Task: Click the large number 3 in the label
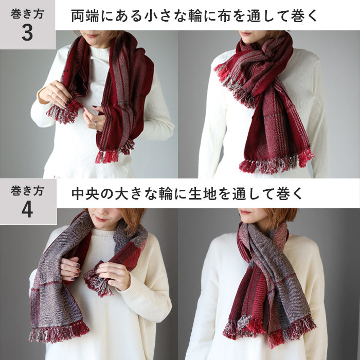coord(27,32)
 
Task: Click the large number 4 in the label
coord(27,210)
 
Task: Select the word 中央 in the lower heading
coord(85,193)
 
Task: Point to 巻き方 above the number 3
coord(27,14)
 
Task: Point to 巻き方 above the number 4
coord(27,191)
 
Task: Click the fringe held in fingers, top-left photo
coord(65,112)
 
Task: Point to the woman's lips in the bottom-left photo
coord(101,219)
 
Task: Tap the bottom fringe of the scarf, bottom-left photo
coord(59,331)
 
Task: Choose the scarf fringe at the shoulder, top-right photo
coord(234,85)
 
